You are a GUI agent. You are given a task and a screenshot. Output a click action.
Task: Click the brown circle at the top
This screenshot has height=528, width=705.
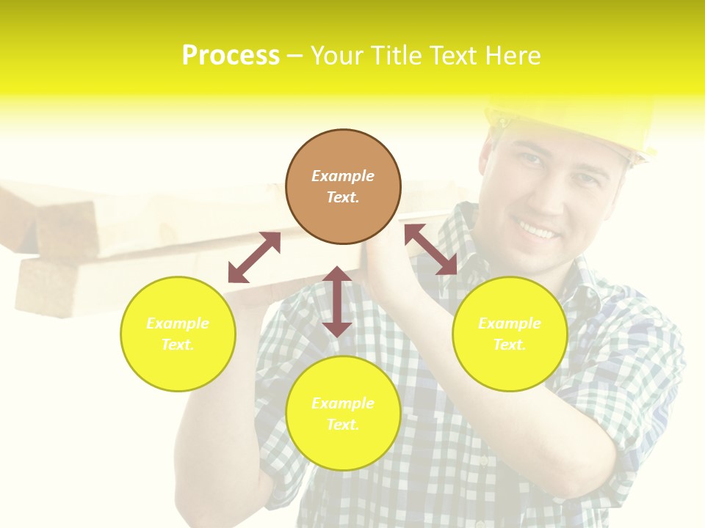click(x=343, y=187)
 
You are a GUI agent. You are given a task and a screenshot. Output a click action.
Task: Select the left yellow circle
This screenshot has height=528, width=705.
click(x=178, y=334)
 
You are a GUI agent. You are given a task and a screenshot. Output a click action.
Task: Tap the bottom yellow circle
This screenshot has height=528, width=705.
click(x=343, y=413)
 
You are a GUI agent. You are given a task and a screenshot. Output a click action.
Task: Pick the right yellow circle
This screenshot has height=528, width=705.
click(x=510, y=334)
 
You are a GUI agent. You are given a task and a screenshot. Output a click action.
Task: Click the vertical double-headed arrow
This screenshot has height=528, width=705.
click(x=337, y=301)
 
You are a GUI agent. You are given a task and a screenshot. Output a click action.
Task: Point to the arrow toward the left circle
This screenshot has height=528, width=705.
click(x=254, y=257)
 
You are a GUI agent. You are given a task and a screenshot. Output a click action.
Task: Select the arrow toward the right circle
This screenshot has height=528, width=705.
click(x=431, y=249)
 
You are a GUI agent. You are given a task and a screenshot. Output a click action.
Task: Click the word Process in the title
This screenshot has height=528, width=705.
click(x=231, y=56)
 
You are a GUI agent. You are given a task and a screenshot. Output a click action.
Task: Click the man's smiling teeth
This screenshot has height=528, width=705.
click(x=538, y=232)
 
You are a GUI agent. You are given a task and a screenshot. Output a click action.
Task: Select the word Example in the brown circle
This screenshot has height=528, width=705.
click(x=343, y=176)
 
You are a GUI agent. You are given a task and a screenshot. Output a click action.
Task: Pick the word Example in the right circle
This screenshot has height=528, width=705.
click(x=510, y=323)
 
